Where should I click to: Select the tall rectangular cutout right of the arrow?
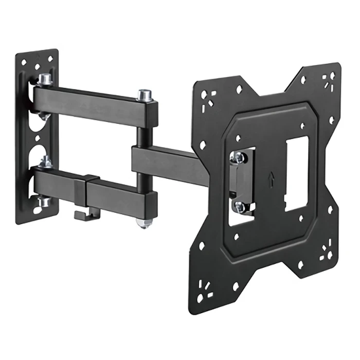pos(296,172)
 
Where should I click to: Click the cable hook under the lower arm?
pos(83,213)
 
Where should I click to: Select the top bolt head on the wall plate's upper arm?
pos(45,79)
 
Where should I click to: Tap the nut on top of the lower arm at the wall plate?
pos(45,162)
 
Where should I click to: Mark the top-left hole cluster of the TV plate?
pos(209,99)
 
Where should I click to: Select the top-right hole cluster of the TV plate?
pos(327,80)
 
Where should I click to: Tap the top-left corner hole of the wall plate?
pos(24,61)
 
